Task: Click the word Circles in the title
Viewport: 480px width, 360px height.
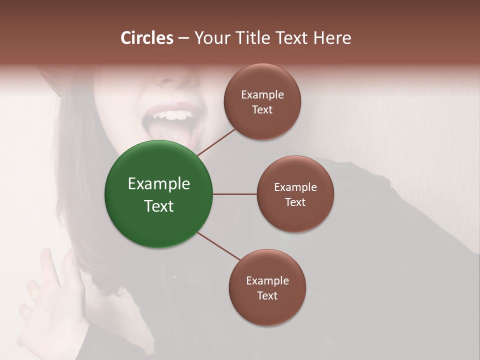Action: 147,38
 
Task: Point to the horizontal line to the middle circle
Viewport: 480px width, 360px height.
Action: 235,194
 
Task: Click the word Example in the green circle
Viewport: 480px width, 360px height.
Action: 159,183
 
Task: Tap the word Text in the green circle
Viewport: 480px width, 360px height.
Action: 159,206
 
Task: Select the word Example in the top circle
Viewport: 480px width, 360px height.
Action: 262,94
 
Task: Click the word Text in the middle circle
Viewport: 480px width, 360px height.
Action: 295,202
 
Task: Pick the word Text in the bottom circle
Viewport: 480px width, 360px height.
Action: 267,295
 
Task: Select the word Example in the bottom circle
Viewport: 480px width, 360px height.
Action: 267,280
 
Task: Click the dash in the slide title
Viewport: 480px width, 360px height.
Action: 183,38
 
